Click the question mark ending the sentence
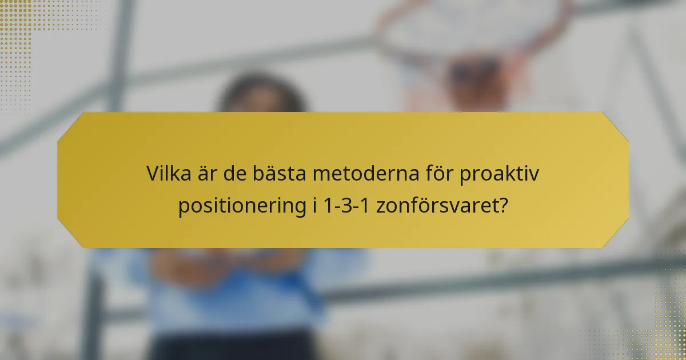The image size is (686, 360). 501,206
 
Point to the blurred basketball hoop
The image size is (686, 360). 474,51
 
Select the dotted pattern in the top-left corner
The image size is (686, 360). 17,29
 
